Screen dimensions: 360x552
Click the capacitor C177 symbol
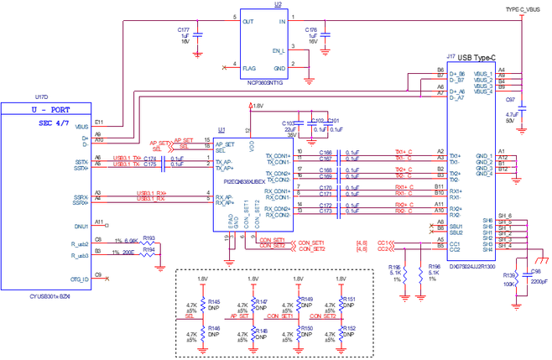(x=200, y=35)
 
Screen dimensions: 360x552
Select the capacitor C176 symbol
(x=327, y=35)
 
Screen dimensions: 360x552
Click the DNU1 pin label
(x=81, y=226)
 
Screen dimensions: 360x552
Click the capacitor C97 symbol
(x=522, y=107)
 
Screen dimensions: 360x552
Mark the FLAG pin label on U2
(x=249, y=66)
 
